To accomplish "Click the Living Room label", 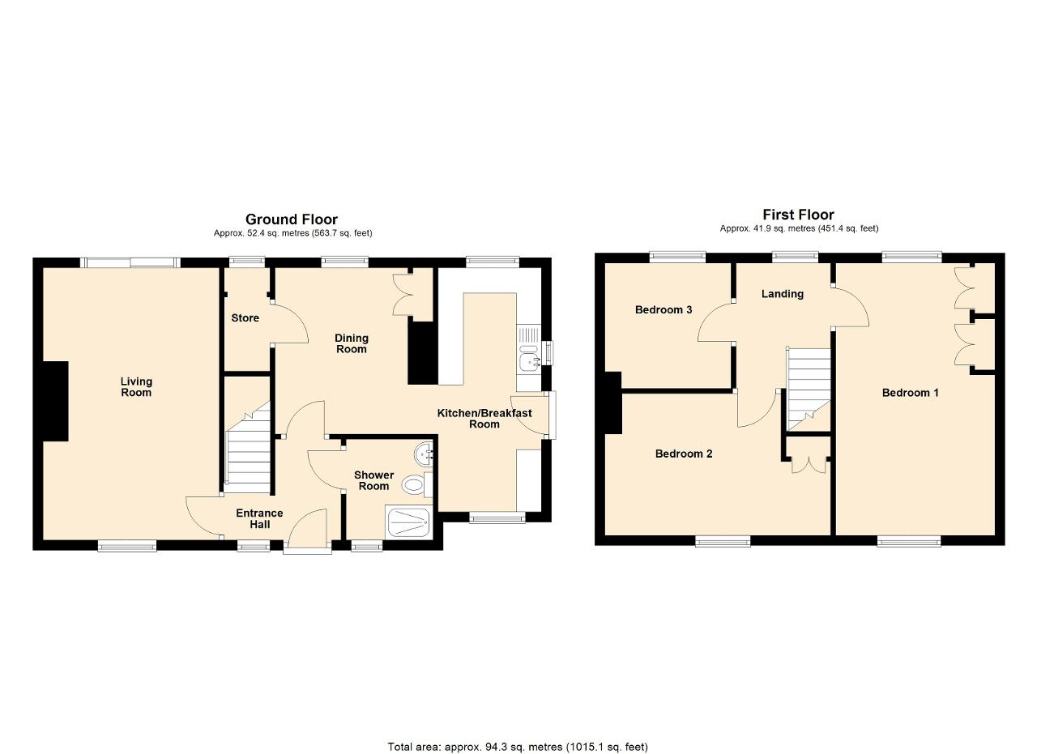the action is click(x=136, y=387).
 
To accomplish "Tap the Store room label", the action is click(x=245, y=318).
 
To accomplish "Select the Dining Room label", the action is click(x=352, y=343).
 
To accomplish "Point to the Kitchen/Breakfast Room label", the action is click(x=484, y=419).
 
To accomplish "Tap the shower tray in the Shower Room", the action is click(x=409, y=522).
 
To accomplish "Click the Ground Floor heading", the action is click(x=291, y=219).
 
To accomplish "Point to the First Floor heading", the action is click(x=798, y=215).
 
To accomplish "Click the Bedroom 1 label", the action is click(x=910, y=393).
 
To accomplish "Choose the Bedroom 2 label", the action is click(x=683, y=454).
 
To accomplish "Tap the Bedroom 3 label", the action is click(x=664, y=309).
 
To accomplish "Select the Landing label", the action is click(x=783, y=294).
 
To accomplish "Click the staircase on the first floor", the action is click(x=809, y=390).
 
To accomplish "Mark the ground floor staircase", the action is click(x=248, y=447).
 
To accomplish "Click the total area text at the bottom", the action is click(x=518, y=734).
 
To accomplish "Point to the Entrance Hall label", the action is click(x=259, y=518).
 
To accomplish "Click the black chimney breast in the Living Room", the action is click(x=56, y=401).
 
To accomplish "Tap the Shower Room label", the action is click(x=373, y=480).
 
